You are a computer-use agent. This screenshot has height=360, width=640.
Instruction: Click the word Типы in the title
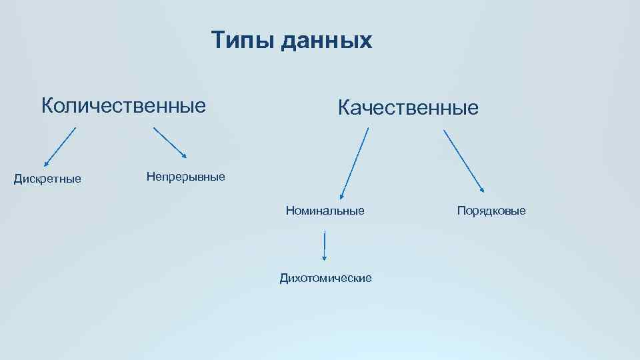tap(243, 41)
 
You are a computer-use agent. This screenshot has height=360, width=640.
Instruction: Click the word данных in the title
tap(326, 41)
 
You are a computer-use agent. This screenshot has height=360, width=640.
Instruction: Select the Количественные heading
tap(123, 105)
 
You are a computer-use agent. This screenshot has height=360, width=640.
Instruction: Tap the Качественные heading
tap(408, 107)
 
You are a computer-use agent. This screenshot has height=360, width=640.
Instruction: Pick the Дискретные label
tap(48, 179)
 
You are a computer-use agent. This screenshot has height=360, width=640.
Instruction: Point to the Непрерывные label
tap(185, 177)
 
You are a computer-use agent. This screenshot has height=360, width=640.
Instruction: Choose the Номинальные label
tap(325, 211)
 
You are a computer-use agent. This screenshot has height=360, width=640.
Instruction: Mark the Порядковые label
tap(491, 211)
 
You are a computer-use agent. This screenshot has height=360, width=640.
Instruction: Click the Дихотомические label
tap(325, 277)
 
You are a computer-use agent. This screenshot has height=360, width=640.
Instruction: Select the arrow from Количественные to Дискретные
tap(60, 146)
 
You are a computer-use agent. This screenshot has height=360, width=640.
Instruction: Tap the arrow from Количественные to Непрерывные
tap(170, 143)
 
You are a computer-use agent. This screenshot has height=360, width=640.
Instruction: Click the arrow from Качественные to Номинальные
tap(355, 163)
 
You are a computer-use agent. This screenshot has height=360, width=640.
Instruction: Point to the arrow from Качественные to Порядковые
tap(464, 161)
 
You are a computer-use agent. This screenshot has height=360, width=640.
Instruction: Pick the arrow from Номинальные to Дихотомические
tap(325, 245)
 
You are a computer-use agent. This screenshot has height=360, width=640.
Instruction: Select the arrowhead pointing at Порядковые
tap(482, 191)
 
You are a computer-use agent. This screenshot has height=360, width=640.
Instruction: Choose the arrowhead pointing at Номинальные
tap(342, 196)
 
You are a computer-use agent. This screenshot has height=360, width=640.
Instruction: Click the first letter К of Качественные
tap(345, 107)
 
